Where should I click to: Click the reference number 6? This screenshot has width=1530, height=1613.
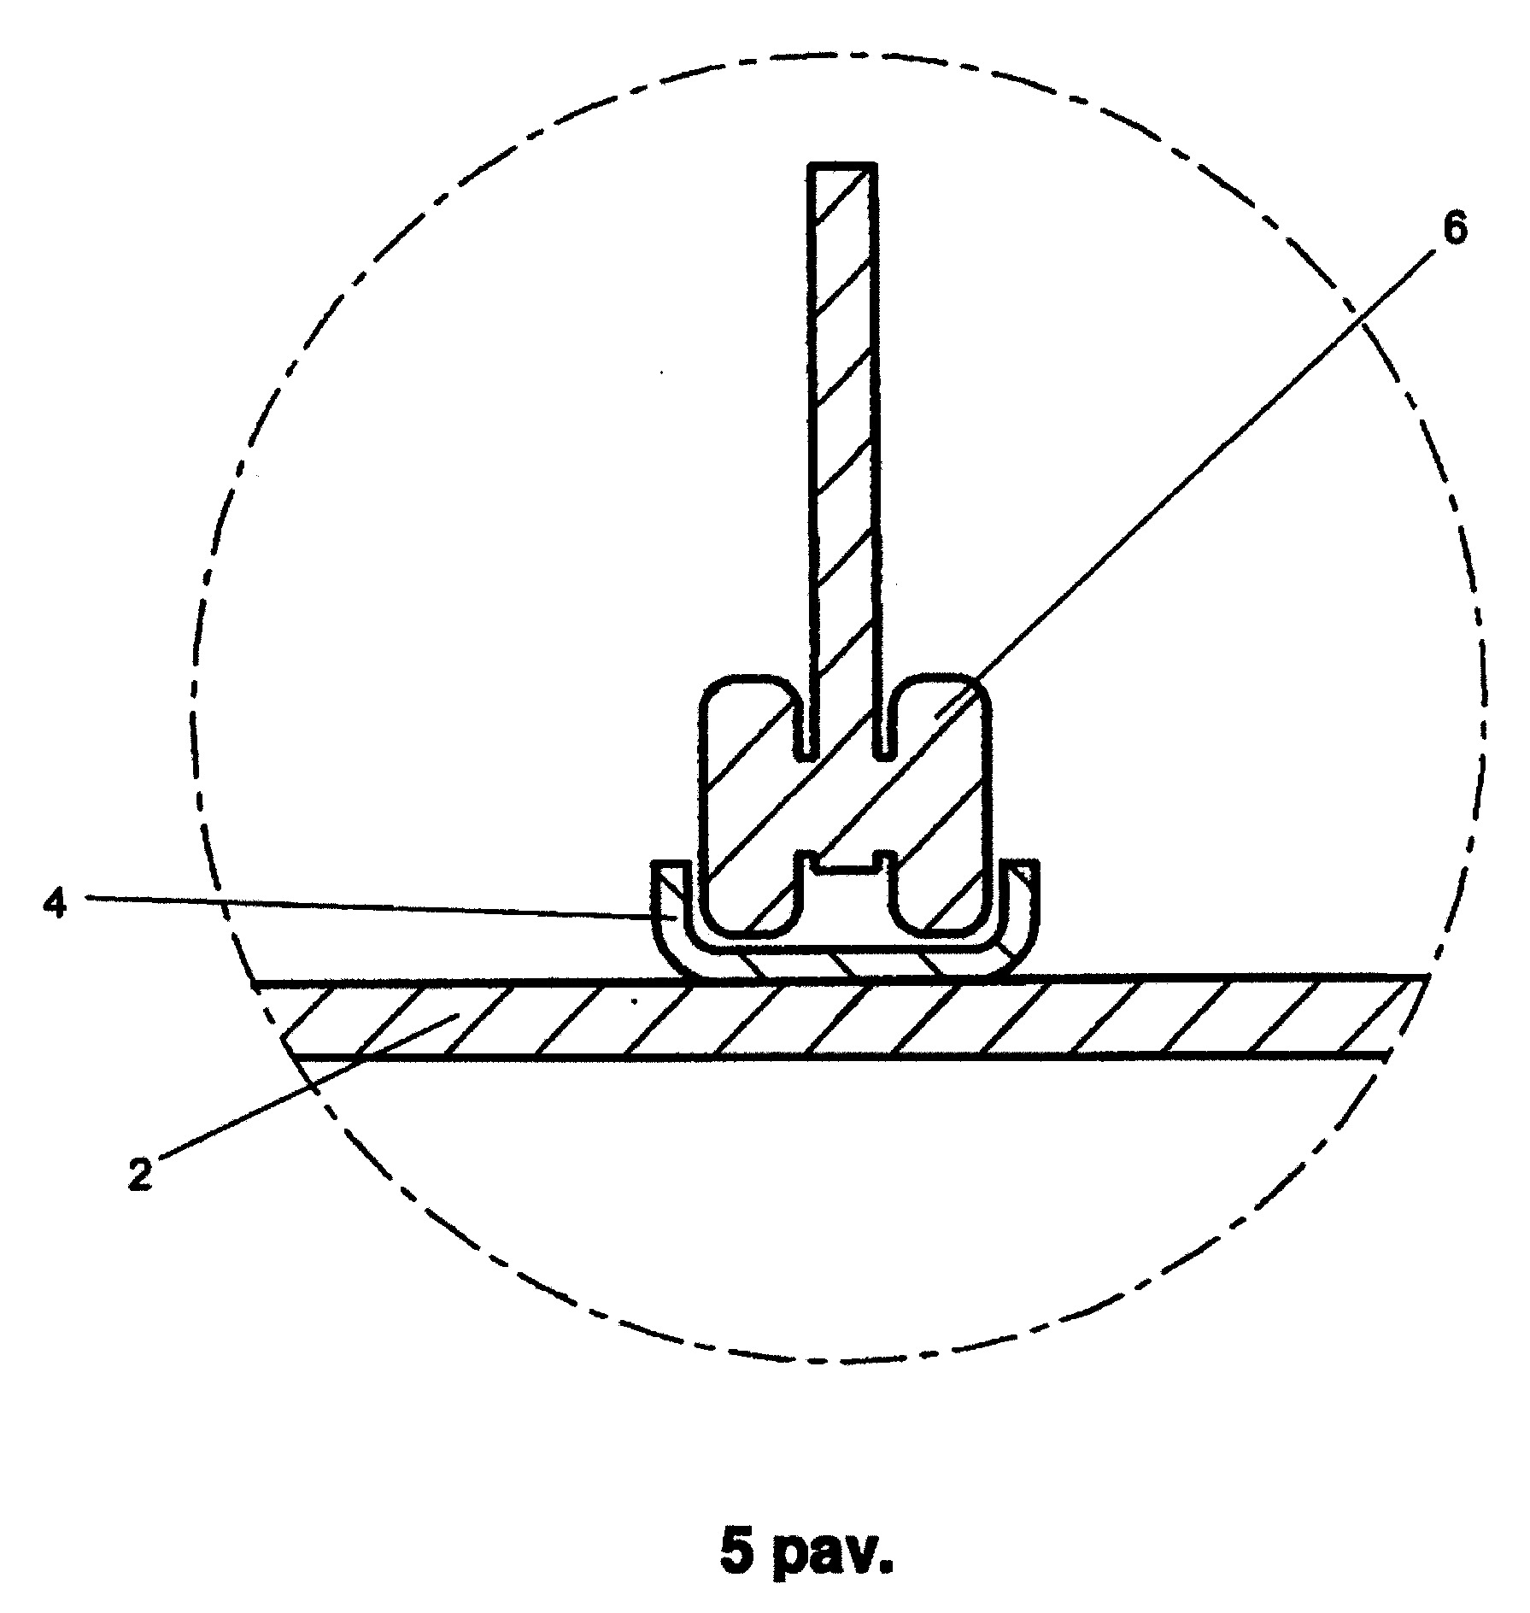[1453, 230]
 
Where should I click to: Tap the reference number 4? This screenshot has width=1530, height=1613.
[55, 904]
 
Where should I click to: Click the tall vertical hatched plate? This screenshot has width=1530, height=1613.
[843, 457]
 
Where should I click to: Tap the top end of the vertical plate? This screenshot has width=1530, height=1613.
[843, 164]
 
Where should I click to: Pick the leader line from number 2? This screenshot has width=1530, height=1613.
[309, 1087]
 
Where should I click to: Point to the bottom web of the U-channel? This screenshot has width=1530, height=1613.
[847, 962]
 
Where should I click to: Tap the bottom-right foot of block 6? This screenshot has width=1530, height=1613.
[940, 906]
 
